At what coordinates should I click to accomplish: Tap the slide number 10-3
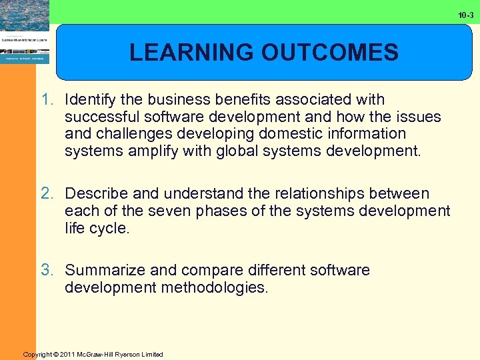[x=466, y=15]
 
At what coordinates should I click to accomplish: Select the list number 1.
[x=47, y=100]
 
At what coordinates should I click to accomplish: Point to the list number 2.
[x=47, y=194]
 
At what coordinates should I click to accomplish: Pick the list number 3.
[x=47, y=271]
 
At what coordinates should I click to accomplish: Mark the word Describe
[x=97, y=194]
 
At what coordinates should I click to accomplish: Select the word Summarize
[x=103, y=271]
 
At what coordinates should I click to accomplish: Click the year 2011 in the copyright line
[x=68, y=354]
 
